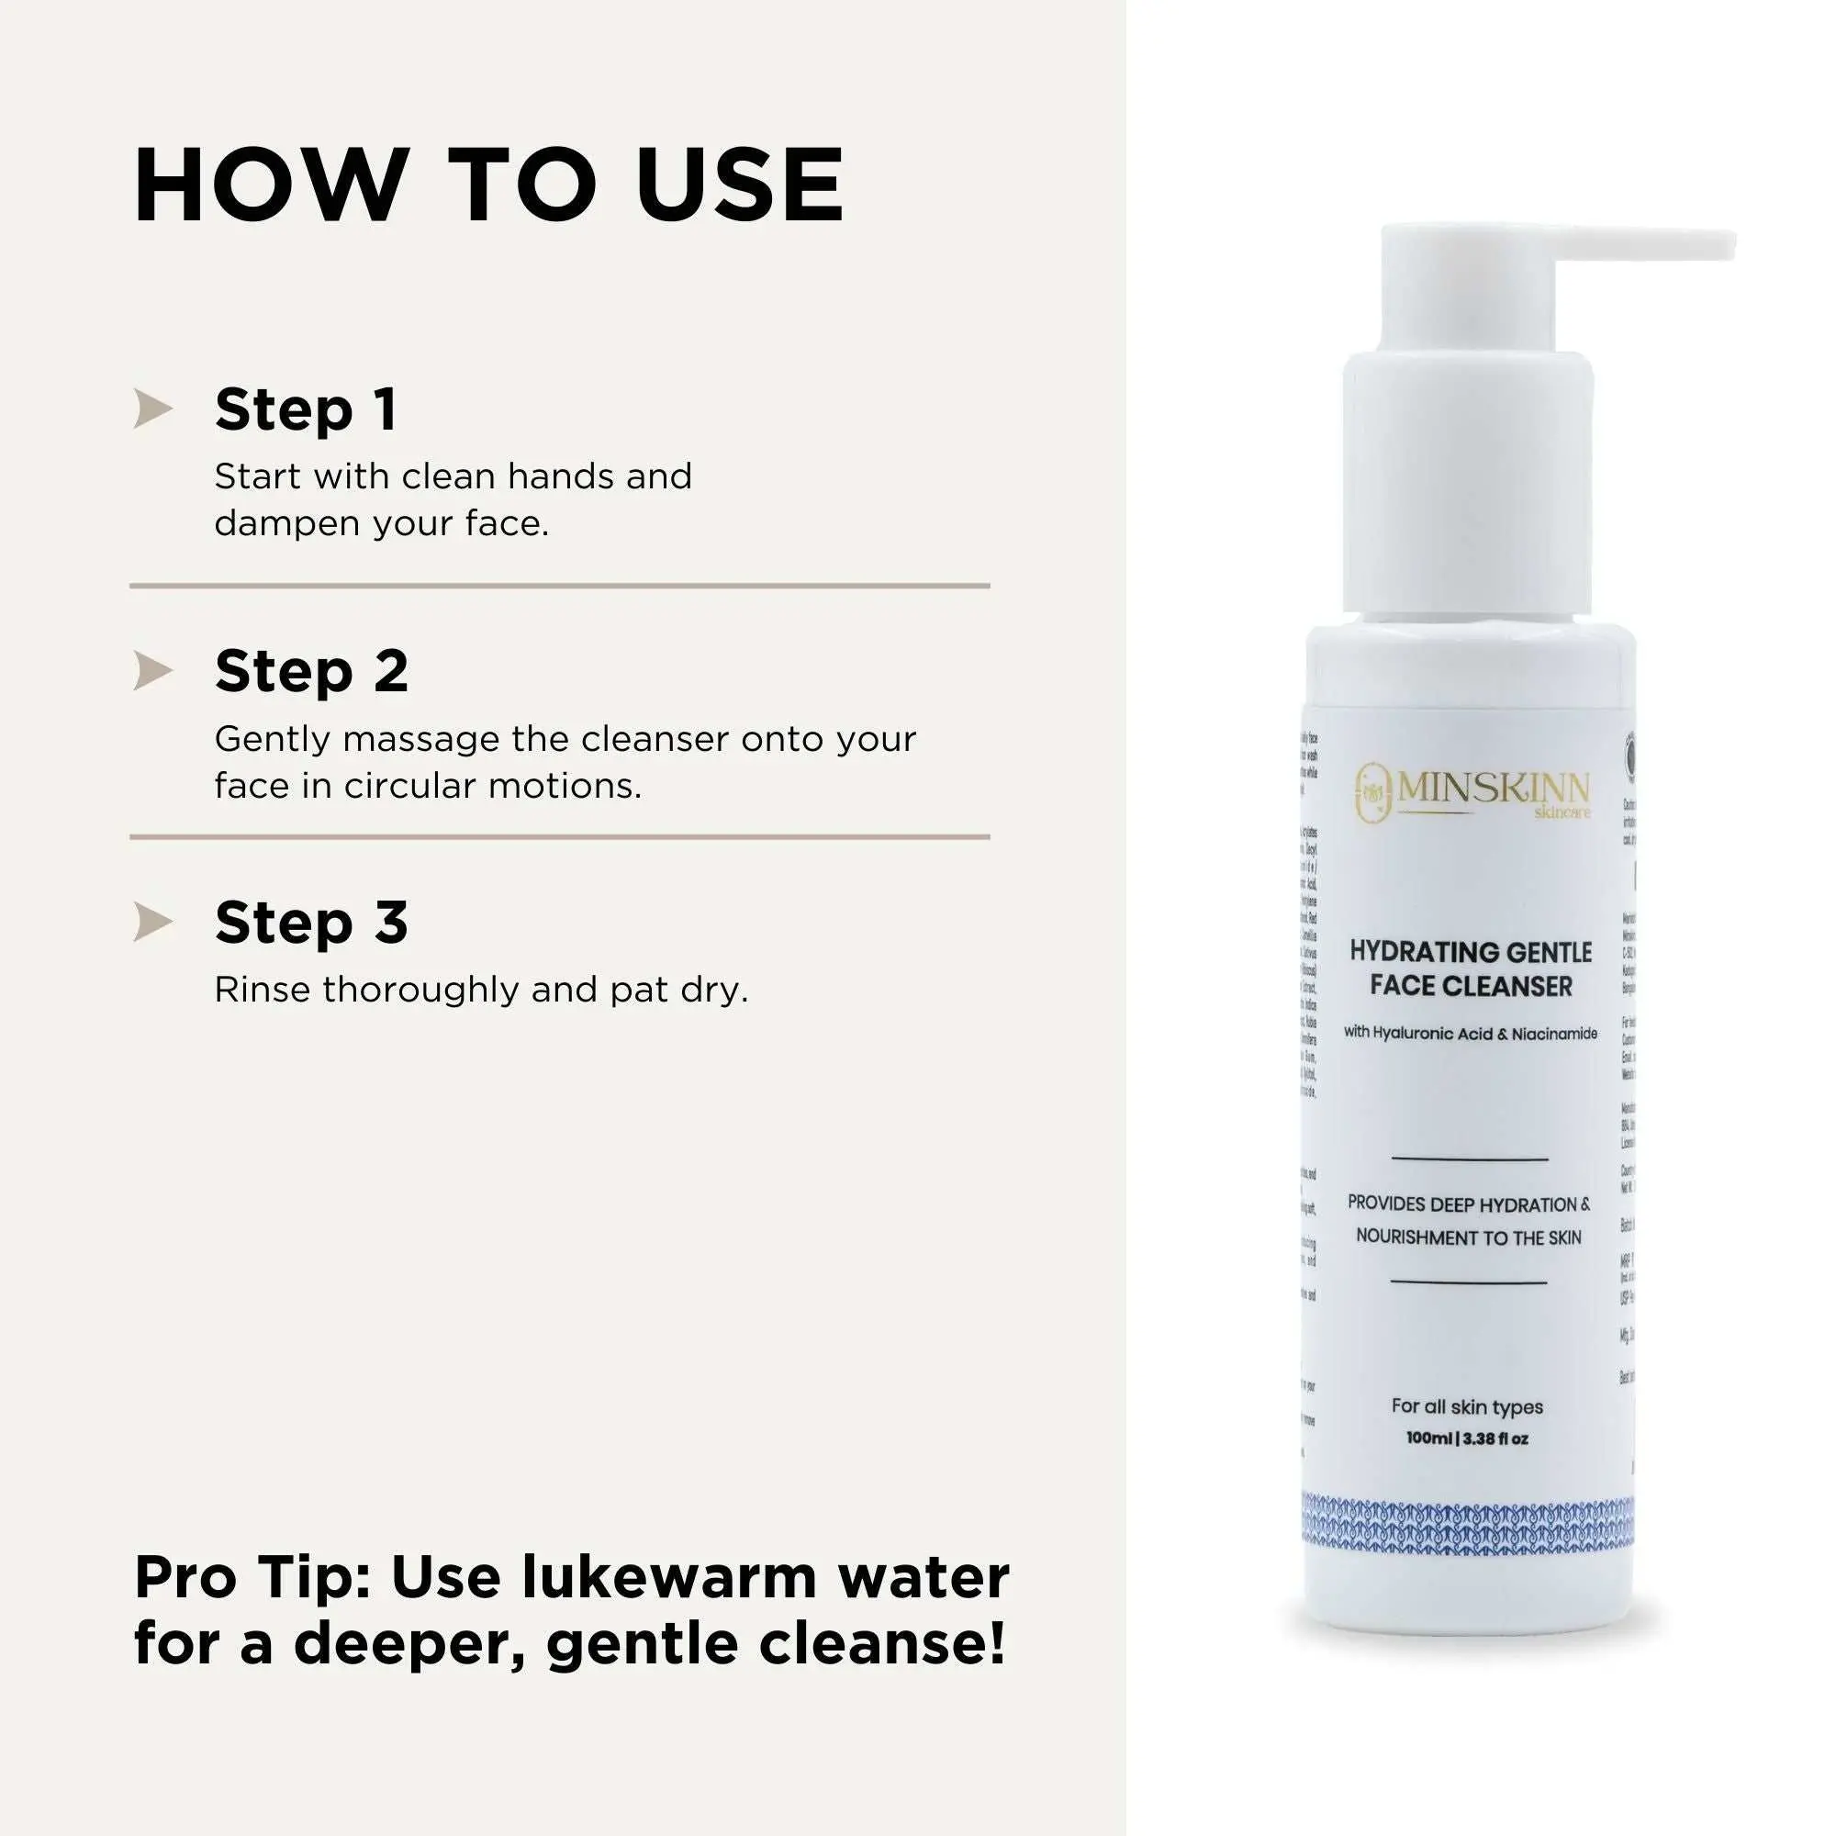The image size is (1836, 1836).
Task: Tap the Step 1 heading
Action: point(306,409)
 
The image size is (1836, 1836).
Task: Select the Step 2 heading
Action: point(312,671)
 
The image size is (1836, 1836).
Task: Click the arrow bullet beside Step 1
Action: point(153,409)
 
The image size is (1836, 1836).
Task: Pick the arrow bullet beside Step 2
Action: point(153,671)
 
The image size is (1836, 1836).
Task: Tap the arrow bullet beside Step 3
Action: point(153,922)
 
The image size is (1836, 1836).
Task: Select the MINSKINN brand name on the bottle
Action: point(1493,789)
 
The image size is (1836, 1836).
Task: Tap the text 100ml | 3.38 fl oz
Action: point(1467,1439)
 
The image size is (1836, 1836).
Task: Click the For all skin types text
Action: point(1467,1406)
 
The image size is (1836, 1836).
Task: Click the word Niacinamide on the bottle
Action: point(1554,1034)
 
